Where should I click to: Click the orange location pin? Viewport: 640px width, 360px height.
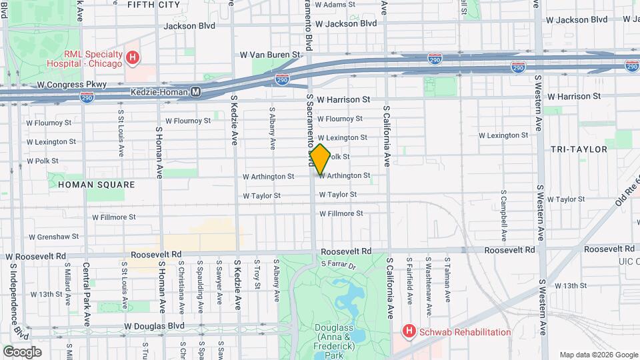[x=320, y=159]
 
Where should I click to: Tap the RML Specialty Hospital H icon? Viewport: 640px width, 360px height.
[x=133, y=58]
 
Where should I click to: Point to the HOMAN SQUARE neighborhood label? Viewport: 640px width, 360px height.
[x=96, y=185]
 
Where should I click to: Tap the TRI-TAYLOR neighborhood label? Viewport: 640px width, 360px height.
[x=578, y=149]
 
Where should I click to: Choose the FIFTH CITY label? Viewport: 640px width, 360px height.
[x=153, y=5]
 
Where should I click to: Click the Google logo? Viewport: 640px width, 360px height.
[x=22, y=352]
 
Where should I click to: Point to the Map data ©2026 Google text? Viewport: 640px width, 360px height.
[x=597, y=355]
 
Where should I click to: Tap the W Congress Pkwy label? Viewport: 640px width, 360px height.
[x=67, y=85]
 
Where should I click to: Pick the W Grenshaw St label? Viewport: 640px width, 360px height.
[x=53, y=237]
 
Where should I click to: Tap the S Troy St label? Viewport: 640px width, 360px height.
[x=257, y=275]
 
